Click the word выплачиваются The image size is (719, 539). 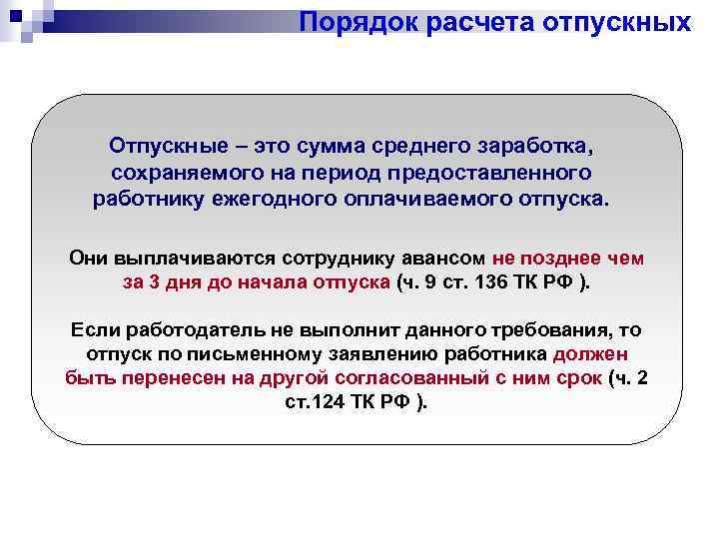183,257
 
